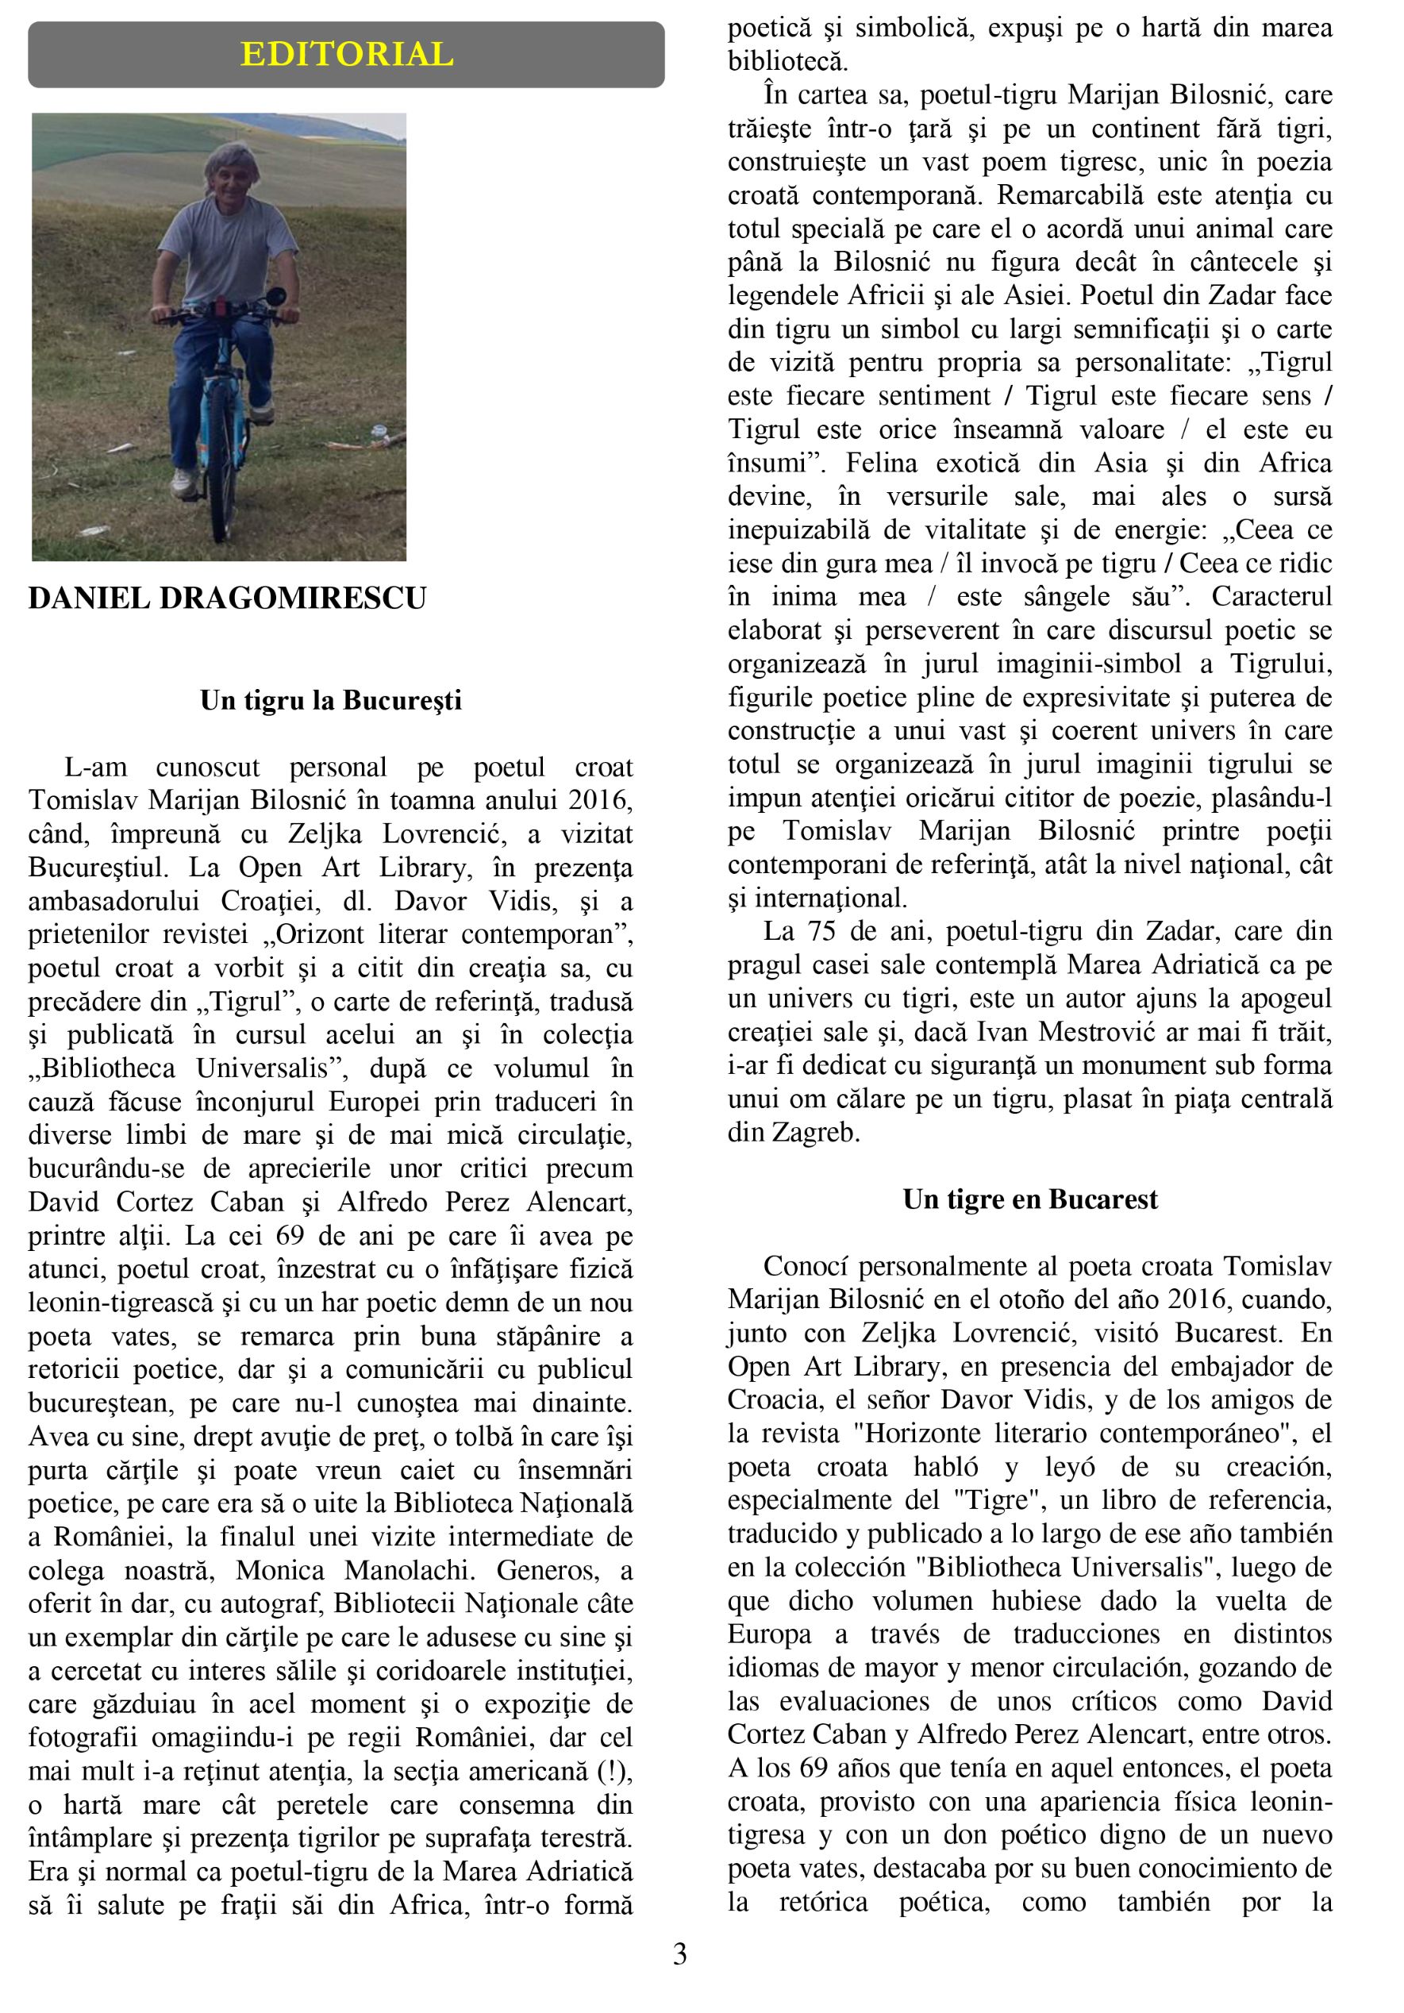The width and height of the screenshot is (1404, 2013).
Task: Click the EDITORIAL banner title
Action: coord(347,54)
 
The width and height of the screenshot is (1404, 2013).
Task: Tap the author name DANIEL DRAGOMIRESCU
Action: coord(227,599)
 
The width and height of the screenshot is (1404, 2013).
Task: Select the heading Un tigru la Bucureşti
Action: coord(330,701)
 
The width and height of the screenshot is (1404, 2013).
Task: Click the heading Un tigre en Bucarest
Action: coord(1029,1199)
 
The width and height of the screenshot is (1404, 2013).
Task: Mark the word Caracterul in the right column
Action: coord(1271,597)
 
